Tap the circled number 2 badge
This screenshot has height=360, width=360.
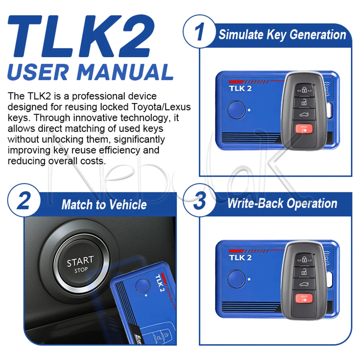(x=24, y=200)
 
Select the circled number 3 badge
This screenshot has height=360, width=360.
(x=199, y=200)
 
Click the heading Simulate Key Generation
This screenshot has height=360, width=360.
(x=282, y=35)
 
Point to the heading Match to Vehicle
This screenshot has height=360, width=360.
(x=104, y=204)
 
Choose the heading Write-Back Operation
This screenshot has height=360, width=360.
(x=282, y=203)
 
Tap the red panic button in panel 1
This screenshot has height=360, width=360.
(x=304, y=129)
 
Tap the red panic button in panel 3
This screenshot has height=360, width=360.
(x=304, y=298)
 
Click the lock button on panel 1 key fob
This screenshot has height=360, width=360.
(x=304, y=90)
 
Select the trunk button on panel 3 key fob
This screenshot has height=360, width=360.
(x=304, y=284)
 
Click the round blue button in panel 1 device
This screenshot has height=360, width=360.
(x=236, y=110)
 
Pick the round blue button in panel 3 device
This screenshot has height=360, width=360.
(x=236, y=279)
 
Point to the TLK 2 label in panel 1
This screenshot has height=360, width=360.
(x=240, y=89)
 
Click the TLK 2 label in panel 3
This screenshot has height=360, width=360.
(x=240, y=258)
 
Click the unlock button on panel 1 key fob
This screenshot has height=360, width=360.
(x=304, y=102)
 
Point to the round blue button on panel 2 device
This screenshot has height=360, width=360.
(x=143, y=285)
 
